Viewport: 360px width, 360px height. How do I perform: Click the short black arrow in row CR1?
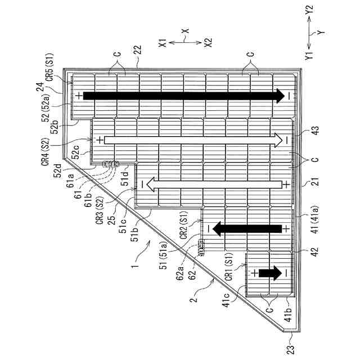[x=269, y=273]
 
